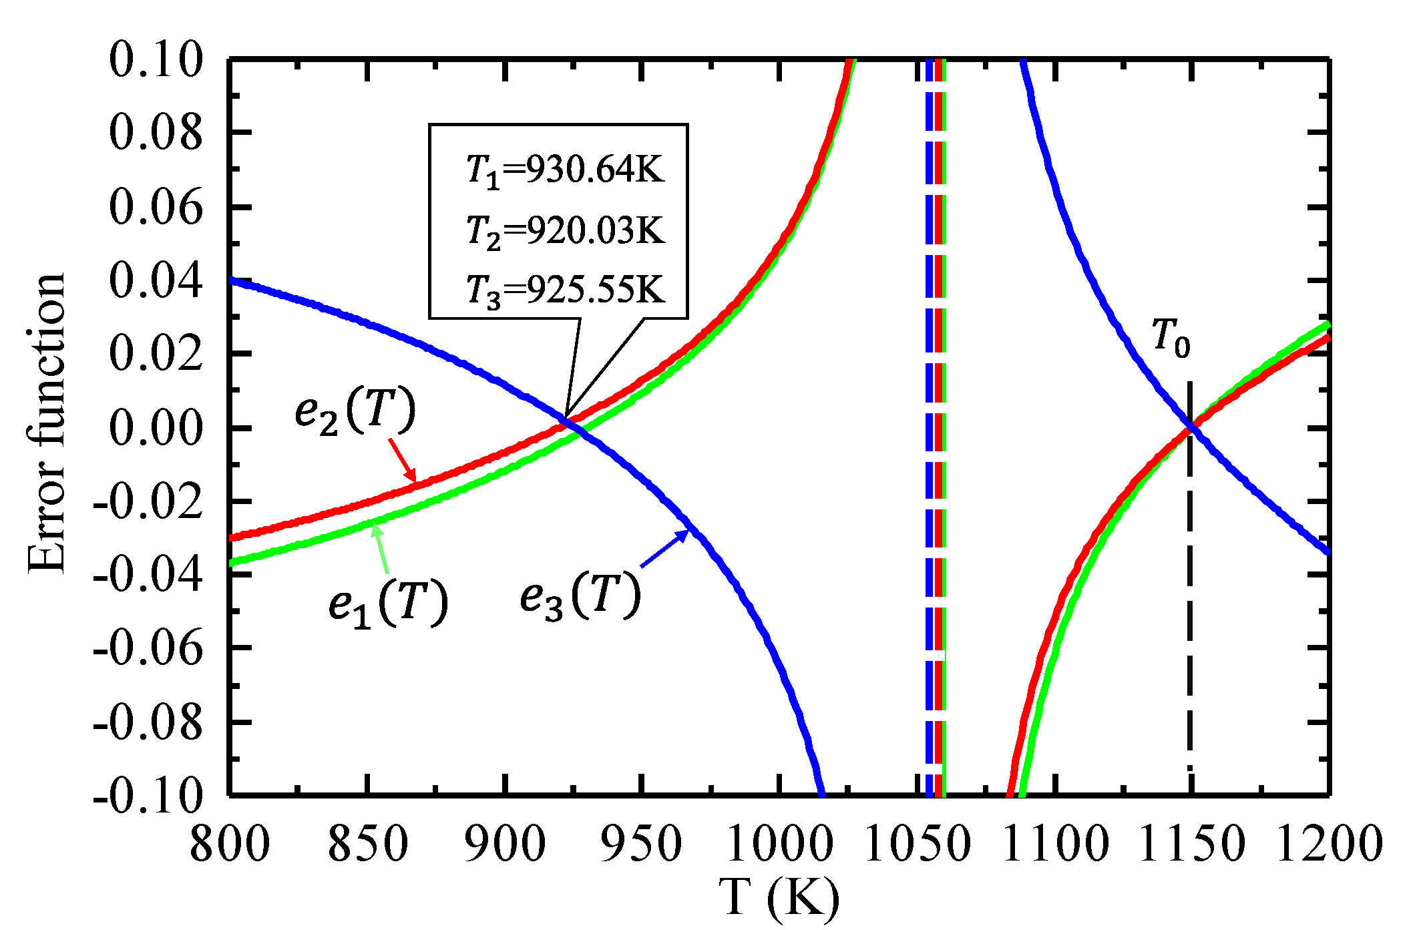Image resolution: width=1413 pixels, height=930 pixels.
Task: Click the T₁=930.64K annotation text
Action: [565, 170]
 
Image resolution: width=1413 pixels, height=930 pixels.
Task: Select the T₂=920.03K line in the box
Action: [565, 231]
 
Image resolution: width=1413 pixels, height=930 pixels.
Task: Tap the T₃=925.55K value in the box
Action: [565, 290]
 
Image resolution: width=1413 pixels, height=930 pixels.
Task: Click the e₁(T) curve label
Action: [388, 604]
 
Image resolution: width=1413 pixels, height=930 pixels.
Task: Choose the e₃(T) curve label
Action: [580, 596]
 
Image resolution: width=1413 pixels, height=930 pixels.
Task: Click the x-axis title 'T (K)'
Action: [779, 898]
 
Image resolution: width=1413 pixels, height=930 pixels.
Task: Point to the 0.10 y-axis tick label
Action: [156, 60]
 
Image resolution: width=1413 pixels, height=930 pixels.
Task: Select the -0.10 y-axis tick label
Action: [147, 796]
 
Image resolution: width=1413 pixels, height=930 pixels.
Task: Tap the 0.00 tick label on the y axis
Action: [156, 428]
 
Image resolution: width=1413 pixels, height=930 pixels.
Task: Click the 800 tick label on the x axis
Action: [230, 844]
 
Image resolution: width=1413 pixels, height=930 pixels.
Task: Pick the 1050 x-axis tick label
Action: [916, 844]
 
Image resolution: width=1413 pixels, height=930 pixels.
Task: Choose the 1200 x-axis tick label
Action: [1329, 844]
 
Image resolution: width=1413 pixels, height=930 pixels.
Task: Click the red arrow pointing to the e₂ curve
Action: [403, 460]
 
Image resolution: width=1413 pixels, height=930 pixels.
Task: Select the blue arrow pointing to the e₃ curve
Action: [664, 548]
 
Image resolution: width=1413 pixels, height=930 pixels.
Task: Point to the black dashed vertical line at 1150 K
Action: [1190, 601]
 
